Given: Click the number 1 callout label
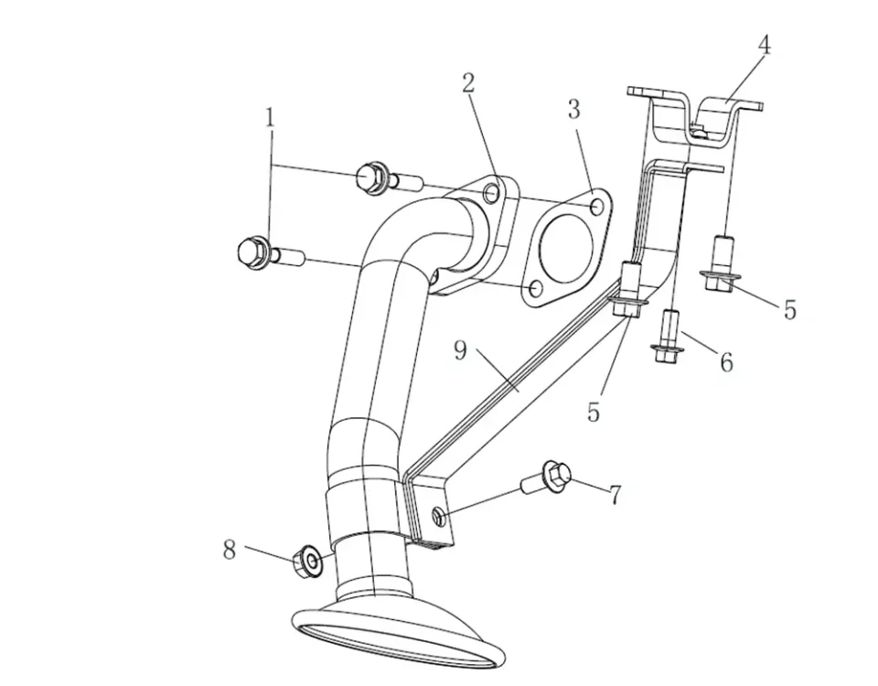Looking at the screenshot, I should (x=270, y=118).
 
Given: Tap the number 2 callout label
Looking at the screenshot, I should (x=468, y=83).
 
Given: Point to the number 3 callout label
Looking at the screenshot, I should (x=573, y=111).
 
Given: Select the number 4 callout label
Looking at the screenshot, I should (x=764, y=46).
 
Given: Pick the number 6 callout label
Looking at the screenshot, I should (x=726, y=362).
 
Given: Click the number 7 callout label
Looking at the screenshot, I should (x=616, y=496).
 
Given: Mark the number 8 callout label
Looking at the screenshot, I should (x=230, y=549).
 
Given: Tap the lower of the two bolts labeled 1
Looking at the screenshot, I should (x=262, y=252).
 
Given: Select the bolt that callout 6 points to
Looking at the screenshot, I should (x=668, y=335).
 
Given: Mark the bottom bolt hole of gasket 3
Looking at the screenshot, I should (x=534, y=290).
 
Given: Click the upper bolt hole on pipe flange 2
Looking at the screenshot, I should (x=492, y=194).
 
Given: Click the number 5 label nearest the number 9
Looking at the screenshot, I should (x=594, y=412).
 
